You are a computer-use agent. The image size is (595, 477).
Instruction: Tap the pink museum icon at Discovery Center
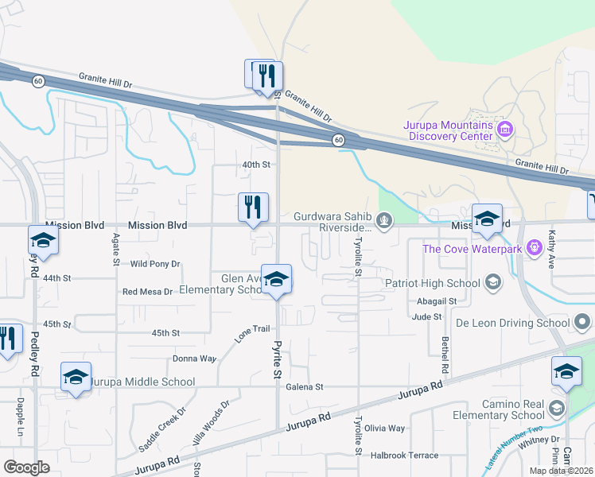503,128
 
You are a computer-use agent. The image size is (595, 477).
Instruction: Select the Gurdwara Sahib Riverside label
333,221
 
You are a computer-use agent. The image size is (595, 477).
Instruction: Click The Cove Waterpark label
472,249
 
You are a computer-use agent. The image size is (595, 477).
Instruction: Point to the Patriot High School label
433,283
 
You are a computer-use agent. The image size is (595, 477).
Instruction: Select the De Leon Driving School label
512,323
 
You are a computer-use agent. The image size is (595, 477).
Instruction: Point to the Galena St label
306,387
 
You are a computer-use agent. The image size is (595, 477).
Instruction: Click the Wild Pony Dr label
155,264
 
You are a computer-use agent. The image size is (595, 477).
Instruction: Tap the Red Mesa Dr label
147,292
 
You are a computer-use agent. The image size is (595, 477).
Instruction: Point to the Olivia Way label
385,429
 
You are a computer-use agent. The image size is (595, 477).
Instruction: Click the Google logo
27,467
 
